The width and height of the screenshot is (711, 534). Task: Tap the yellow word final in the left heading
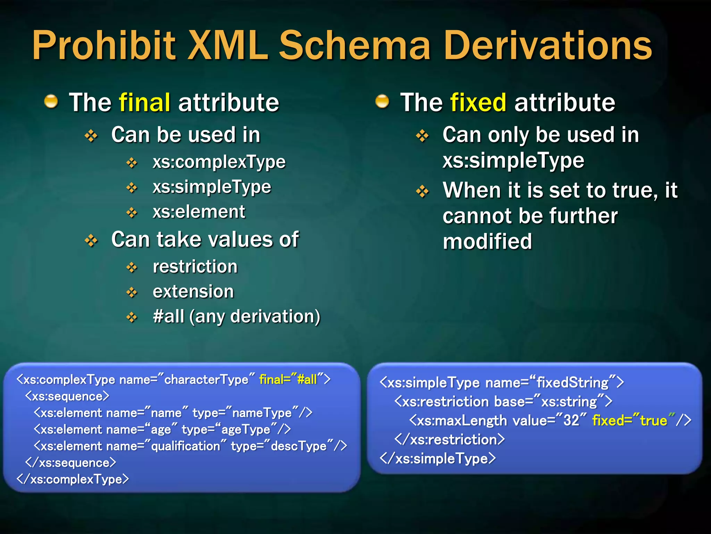pos(144,103)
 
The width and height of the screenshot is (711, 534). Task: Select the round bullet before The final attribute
pos(51,102)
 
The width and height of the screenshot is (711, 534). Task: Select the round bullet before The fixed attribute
pos(382,102)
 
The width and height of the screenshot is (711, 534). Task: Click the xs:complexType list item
pos(219,162)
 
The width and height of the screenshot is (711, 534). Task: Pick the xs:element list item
pos(199,212)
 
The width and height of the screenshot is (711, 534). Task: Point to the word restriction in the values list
pos(195,267)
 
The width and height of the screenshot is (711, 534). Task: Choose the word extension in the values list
pos(193,291)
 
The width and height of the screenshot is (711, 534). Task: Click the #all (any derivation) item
pos(236,316)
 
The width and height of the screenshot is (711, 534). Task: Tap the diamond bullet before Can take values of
pos(91,240)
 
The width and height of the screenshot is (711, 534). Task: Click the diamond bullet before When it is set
pos(422,191)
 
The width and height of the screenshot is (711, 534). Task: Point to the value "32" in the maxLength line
pos(571,421)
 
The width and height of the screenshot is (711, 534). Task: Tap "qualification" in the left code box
pos(185,446)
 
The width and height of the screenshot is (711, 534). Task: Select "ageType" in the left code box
pos(245,430)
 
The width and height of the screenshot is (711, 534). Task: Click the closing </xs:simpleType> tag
pos(437,459)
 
